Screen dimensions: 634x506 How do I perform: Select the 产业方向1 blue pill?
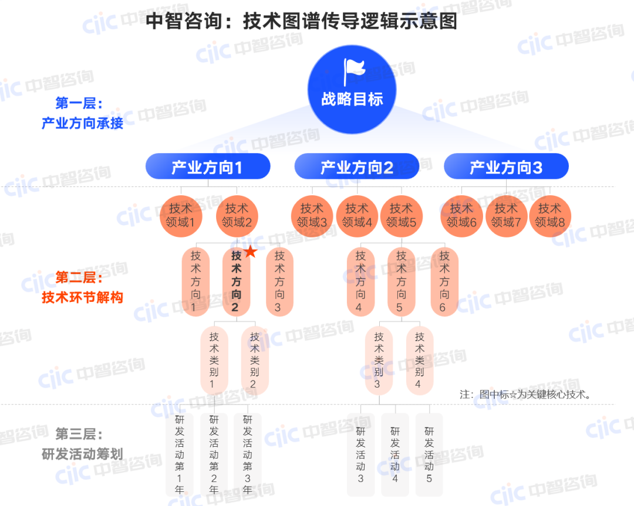(x=208, y=167)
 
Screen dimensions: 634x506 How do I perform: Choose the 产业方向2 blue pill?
(x=357, y=167)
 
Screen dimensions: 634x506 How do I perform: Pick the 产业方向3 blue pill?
(x=506, y=167)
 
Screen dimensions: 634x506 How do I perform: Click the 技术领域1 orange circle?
(x=180, y=215)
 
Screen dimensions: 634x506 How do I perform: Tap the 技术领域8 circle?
(x=550, y=215)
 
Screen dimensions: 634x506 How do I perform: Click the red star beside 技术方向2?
(x=251, y=252)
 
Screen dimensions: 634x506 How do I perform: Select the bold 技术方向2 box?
(x=236, y=282)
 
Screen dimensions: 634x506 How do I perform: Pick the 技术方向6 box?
(x=444, y=282)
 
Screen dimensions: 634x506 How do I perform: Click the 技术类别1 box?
(x=214, y=360)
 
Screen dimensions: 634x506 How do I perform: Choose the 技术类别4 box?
(x=420, y=360)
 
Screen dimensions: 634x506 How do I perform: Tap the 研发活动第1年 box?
(x=180, y=454)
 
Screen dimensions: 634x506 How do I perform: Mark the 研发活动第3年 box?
(x=248, y=454)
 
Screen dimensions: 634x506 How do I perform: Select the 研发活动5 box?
(x=429, y=454)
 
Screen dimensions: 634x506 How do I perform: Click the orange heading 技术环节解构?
(x=82, y=297)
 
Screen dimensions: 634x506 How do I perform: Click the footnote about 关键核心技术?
(x=525, y=394)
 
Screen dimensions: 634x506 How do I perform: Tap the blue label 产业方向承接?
(x=82, y=124)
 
